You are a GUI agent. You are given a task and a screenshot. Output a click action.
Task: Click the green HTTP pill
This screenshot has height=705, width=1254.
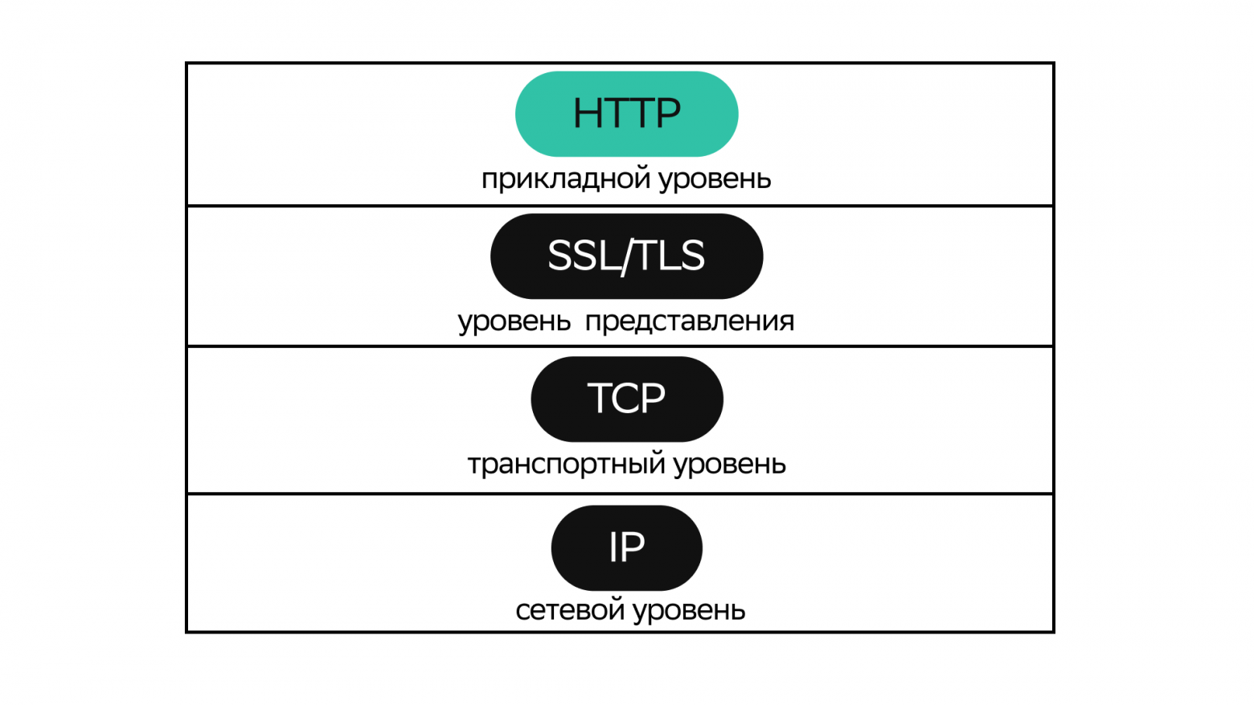point(626,113)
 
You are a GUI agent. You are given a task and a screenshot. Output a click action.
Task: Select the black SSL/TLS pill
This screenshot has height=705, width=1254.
point(626,256)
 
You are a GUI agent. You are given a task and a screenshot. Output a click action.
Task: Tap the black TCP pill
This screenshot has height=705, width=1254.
point(627,399)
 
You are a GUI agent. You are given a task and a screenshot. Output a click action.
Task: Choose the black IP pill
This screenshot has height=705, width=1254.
point(627,547)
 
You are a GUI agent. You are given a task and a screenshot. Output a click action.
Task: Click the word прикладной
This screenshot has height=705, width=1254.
point(565,179)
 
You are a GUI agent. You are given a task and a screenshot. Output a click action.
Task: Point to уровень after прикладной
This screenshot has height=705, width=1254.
point(715,179)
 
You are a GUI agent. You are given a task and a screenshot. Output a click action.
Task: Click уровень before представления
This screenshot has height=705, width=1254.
point(514,322)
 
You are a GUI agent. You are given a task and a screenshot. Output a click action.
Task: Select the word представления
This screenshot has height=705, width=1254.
point(690,322)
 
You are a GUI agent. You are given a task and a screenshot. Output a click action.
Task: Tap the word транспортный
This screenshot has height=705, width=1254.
point(566,465)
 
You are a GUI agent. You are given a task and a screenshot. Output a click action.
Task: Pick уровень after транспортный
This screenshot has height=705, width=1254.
point(729,465)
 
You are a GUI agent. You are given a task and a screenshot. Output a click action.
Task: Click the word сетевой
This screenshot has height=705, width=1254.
point(570,610)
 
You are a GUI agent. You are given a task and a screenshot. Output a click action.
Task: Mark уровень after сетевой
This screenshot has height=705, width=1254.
point(689,611)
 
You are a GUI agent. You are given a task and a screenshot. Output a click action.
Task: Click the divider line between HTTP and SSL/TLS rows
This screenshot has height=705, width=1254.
point(620,206)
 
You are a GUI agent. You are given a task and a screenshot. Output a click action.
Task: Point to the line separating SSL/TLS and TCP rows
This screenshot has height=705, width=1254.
point(620,346)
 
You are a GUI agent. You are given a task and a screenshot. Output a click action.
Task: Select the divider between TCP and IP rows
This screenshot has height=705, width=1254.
point(620,494)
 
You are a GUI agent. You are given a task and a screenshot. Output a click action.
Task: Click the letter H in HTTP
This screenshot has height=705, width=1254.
point(587,113)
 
